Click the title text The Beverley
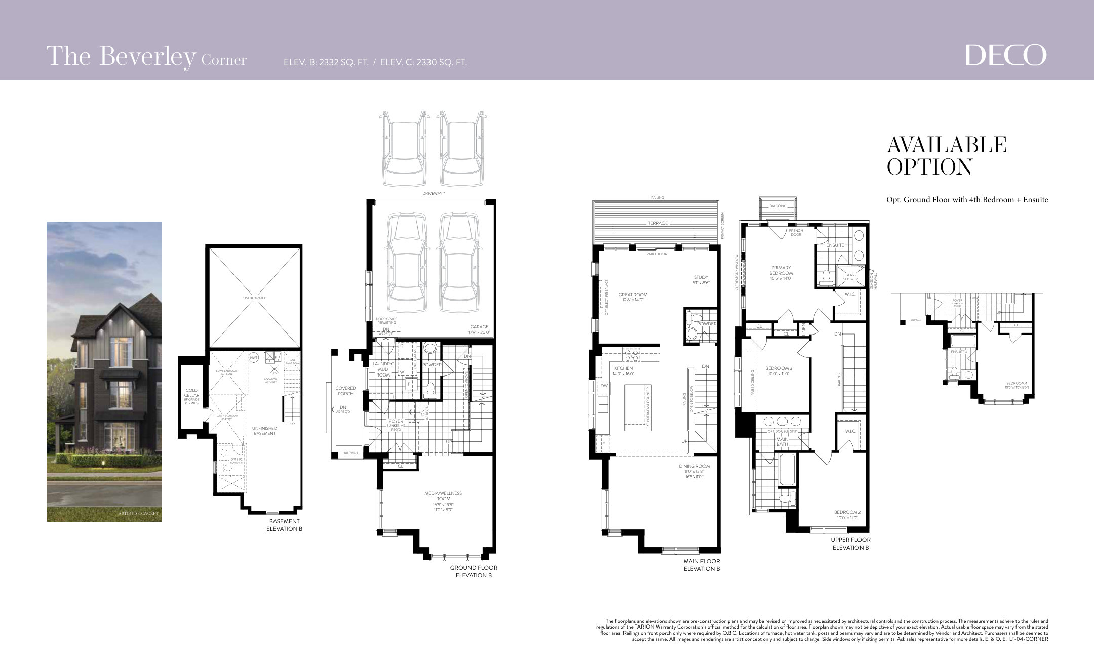click(x=121, y=57)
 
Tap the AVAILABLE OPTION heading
click(x=946, y=156)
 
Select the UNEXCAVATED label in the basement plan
click(x=254, y=298)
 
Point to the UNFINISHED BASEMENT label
click(x=264, y=431)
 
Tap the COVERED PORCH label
click(x=345, y=391)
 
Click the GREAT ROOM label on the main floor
click(x=633, y=297)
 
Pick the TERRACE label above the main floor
click(x=657, y=223)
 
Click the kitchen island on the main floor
click(x=637, y=407)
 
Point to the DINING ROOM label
click(x=694, y=469)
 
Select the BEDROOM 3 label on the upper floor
click(x=778, y=371)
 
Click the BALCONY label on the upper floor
click(x=777, y=206)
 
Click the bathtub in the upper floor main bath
click(x=787, y=469)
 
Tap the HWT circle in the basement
click(x=254, y=358)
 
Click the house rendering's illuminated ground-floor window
click(x=121, y=435)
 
